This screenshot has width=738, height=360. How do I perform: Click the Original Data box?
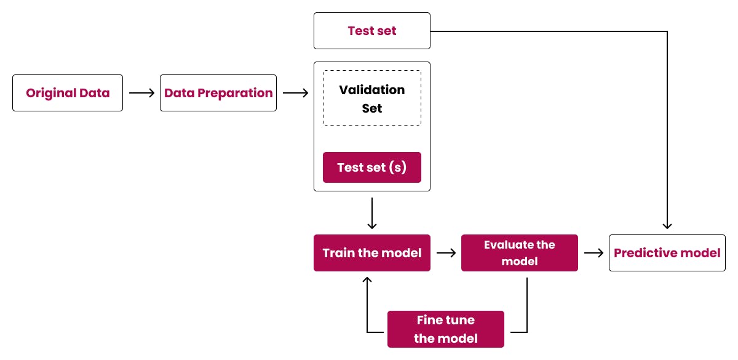(x=68, y=93)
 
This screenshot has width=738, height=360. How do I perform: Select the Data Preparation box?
(x=218, y=93)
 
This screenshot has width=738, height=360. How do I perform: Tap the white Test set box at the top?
(x=372, y=31)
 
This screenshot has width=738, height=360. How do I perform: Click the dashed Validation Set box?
(x=372, y=98)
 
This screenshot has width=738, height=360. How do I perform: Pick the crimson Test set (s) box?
(x=372, y=167)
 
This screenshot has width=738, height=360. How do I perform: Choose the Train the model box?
(x=372, y=253)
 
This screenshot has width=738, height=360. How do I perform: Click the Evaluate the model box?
(x=520, y=253)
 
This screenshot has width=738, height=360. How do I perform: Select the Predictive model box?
(x=667, y=253)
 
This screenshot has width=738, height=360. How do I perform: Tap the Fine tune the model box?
(x=446, y=329)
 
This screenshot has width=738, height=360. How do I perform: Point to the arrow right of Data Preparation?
(x=295, y=93)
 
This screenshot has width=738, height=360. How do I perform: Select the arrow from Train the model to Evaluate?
(x=446, y=253)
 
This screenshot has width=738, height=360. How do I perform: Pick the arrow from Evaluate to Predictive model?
(x=593, y=253)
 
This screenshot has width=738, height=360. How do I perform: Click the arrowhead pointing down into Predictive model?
(x=667, y=226)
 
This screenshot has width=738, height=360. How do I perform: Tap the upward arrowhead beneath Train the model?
(x=367, y=281)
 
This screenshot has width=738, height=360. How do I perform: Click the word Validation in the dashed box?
(x=372, y=90)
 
